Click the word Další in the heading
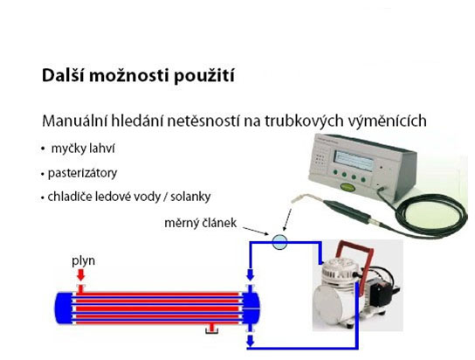(x=63, y=75)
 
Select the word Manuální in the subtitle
(x=74, y=121)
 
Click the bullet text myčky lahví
(x=83, y=149)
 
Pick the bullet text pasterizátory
(x=82, y=173)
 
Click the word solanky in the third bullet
(x=190, y=197)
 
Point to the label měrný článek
(x=200, y=223)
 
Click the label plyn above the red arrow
(x=83, y=261)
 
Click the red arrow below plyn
(x=80, y=275)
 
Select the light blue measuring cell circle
(x=279, y=242)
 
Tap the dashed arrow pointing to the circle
(x=287, y=219)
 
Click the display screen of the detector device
(x=353, y=160)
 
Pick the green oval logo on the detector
(x=348, y=188)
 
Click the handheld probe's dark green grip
(x=348, y=209)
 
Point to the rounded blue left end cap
(x=64, y=308)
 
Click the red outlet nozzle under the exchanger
(x=212, y=329)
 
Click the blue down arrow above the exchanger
(x=250, y=275)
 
